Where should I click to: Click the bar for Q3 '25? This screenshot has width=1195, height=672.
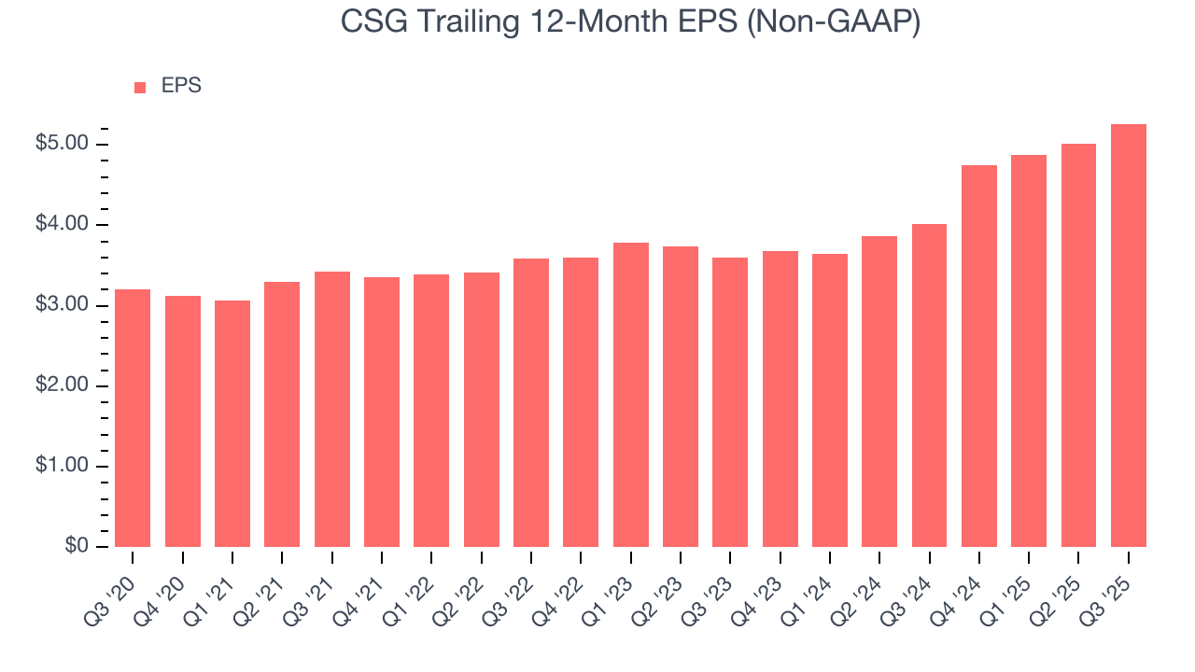coord(1128,336)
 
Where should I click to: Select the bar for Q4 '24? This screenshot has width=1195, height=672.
coord(978,357)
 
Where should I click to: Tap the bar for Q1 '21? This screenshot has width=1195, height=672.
coord(232,424)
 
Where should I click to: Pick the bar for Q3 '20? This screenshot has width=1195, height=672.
coord(133,418)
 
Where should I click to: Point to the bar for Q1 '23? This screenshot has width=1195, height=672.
coord(630,395)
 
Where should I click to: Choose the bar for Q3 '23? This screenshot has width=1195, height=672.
coord(730,402)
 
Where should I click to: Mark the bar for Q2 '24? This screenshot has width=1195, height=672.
coord(879,392)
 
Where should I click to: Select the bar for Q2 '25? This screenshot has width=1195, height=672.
coord(1078,345)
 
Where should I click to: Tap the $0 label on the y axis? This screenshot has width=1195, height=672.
coord(76,547)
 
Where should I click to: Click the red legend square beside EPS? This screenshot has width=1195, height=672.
coord(140,87)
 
